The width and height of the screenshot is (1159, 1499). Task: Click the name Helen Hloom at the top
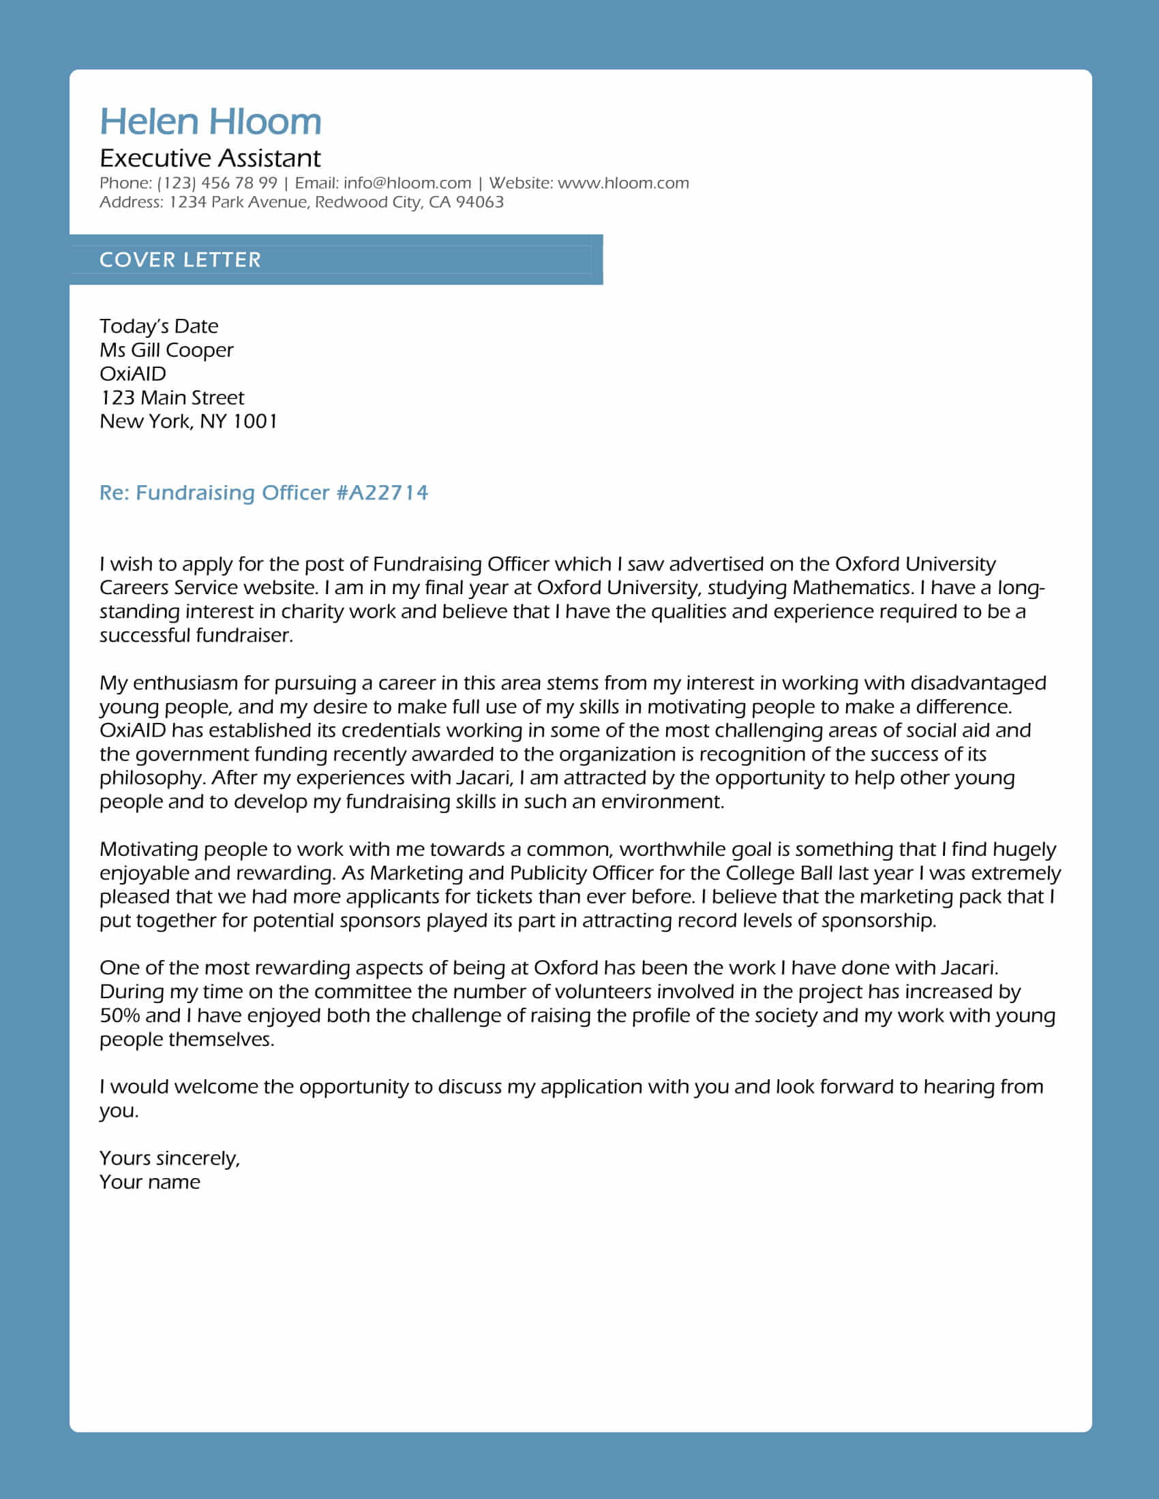pyautogui.click(x=210, y=122)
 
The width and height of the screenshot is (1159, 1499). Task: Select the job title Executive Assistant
pyautogui.click(x=210, y=159)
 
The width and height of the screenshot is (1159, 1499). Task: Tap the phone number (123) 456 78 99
pyautogui.click(x=217, y=183)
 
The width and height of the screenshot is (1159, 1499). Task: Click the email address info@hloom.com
pyautogui.click(x=407, y=183)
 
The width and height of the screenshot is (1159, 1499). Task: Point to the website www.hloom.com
pyautogui.click(x=622, y=183)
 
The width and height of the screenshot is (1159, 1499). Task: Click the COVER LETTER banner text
pyautogui.click(x=180, y=260)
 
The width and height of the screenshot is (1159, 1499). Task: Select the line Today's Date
pyautogui.click(x=159, y=326)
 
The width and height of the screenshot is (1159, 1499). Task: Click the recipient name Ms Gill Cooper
pyautogui.click(x=166, y=350)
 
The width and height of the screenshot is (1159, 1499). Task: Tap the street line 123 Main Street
pyautogui.click(x=172, y=397)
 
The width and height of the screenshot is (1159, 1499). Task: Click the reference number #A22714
pyautogui.click(x=382, y=493)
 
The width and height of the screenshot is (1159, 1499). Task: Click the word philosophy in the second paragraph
pyautogui.click(x=152, y=778)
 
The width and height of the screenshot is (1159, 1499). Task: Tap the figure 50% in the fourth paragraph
pyautogui.click(x=119, y=1016)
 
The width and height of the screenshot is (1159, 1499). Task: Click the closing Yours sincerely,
pyautogui.click(x=170, y=1158)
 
